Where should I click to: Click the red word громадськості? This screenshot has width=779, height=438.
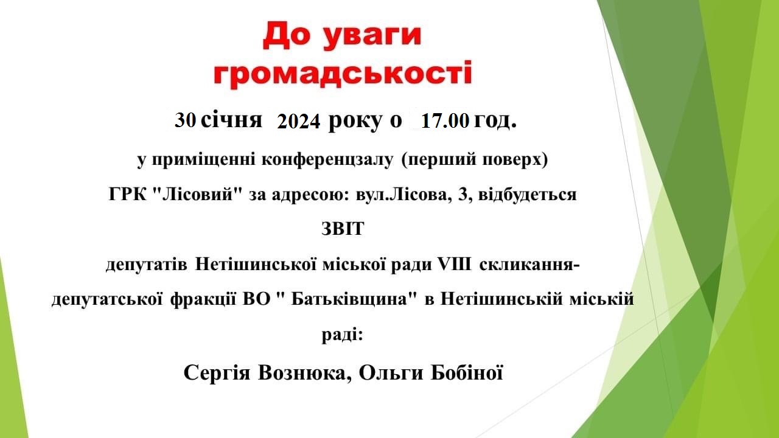coord(343,75)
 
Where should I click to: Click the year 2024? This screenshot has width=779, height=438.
coord(299,122)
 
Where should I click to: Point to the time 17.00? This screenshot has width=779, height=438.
coord(445,121)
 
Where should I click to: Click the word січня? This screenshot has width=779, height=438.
coord(231,120)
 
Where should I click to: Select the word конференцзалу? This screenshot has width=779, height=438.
coord(327,160)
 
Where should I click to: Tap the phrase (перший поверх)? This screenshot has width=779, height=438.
coord(475,160)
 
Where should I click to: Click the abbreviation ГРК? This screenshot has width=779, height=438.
coord(128,195)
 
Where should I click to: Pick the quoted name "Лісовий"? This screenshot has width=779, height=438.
coord(197,194)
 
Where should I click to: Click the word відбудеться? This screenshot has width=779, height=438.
coord(528,194)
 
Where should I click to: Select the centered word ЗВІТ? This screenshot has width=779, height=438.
coord(343,229)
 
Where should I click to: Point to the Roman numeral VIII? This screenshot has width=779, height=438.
coord(455,264)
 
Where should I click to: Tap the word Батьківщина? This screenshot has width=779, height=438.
coord(349,299)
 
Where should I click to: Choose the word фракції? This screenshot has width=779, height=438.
coord(203,300)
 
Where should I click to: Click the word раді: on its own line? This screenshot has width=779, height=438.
coord(342,335)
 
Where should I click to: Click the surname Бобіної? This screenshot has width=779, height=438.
coord(467,373)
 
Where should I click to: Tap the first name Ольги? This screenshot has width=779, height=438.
coord(391,374)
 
